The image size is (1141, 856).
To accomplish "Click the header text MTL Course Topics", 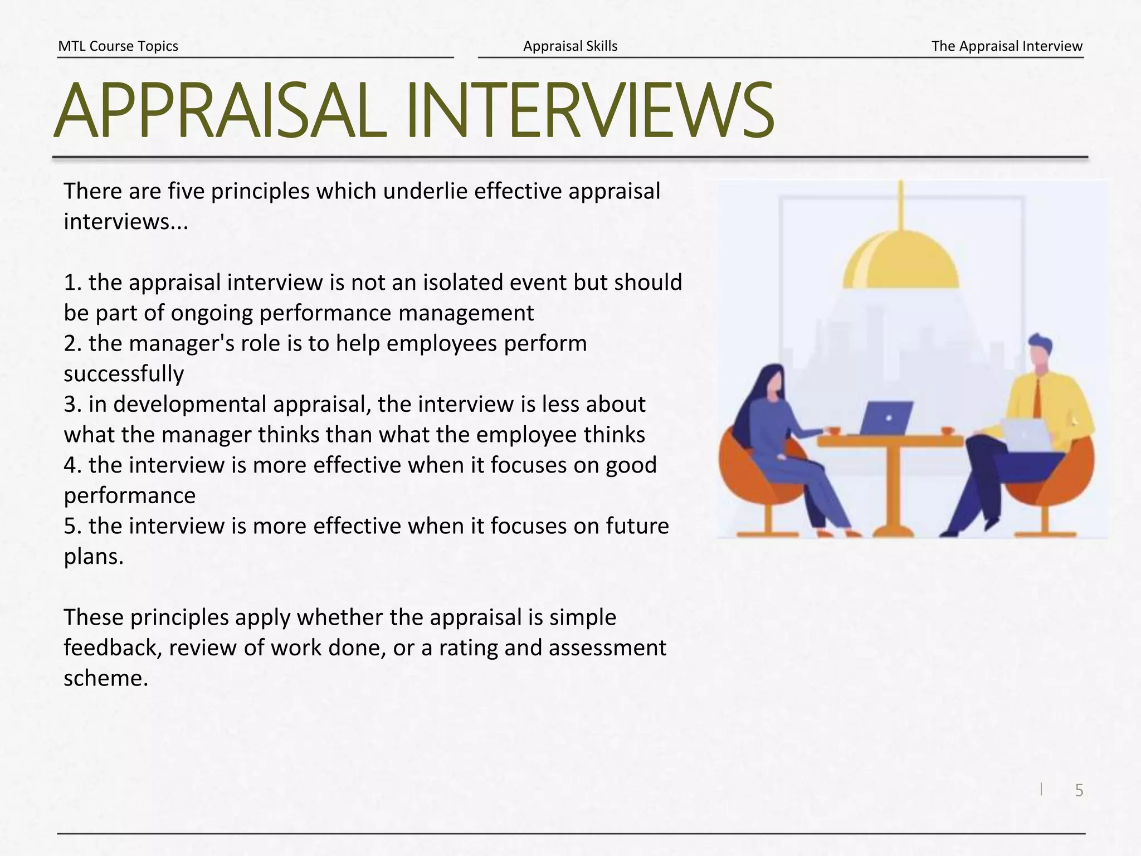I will point(118,46).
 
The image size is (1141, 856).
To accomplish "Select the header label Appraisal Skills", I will point(570,46).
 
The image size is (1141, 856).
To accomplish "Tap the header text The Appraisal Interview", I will point(1007,46).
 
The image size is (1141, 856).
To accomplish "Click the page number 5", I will point(1079,790).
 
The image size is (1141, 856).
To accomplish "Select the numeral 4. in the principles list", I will point(73,465).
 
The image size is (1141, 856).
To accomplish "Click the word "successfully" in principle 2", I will point(124,374).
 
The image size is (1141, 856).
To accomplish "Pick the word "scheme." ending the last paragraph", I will point(106,678).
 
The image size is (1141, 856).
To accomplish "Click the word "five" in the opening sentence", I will point(186,191).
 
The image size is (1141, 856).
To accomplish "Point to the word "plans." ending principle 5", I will point(94,557).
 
